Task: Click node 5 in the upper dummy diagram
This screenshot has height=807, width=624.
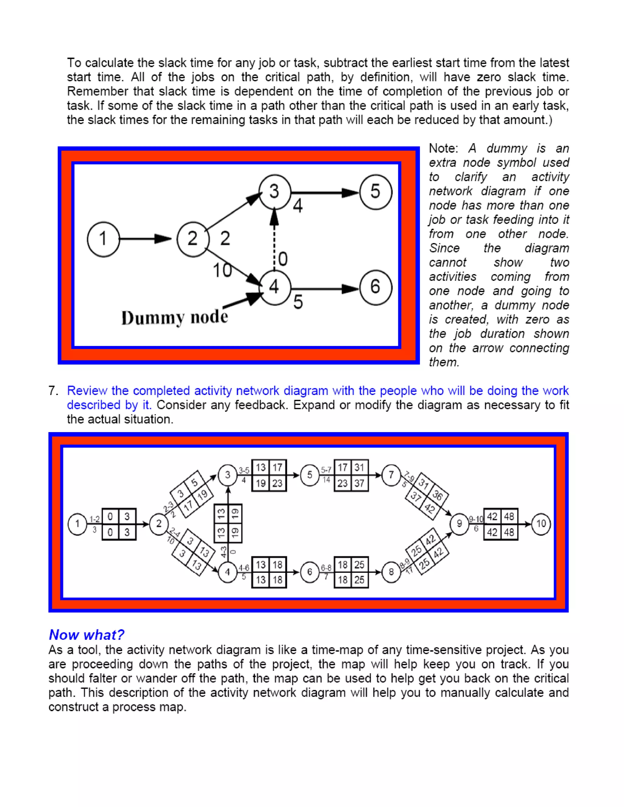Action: point(376,192)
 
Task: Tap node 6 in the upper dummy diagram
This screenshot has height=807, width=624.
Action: point(376,287)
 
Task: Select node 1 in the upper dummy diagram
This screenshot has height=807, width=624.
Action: point(104,239)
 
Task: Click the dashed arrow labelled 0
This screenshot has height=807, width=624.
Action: point(274,244)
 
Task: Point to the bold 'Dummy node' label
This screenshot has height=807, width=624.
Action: point(175,317)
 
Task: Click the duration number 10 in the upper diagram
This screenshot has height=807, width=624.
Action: point(222,270)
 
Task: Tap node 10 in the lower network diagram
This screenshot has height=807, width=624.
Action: point(541,523)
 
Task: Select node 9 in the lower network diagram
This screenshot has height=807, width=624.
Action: point(459,523)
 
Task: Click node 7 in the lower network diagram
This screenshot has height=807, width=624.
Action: point(391,475)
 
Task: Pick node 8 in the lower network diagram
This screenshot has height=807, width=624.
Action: point(391,572)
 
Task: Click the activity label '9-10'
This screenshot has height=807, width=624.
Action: point(476,519)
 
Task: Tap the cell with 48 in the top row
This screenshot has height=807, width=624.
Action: point(509,516)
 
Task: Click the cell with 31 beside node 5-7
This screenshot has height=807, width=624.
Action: point(359,467)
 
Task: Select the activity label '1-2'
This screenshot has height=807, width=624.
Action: point(95,519)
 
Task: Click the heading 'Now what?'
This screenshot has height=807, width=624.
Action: point(87,635)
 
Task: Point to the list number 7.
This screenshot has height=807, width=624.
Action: point(53,391)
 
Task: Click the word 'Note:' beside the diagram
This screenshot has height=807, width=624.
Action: point(443,149)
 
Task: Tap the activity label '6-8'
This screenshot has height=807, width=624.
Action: point(326,568)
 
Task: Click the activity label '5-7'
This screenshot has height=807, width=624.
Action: point(326,470)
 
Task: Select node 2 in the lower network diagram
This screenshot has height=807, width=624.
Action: point(159,523)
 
